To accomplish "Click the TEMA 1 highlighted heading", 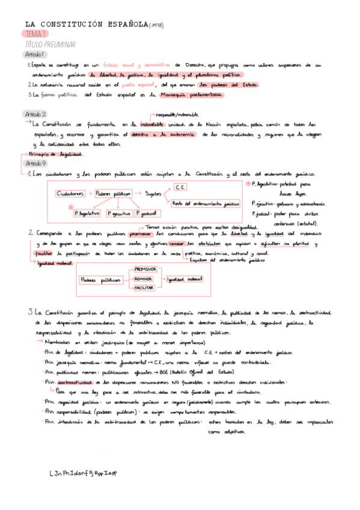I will pos(36,35).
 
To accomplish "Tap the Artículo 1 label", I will pos(35,55).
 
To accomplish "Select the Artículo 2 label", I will pos(37,114).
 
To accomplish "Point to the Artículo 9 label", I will pos(37,164).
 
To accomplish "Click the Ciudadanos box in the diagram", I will pos(70,194).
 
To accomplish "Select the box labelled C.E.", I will pos(181,187).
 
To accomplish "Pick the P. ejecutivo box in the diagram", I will pos(119,213).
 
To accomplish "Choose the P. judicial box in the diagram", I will pos(147,213).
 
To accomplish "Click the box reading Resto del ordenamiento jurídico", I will pos(206,204).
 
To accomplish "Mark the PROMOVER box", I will pos(144,269).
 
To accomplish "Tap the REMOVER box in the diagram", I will pos(144,278).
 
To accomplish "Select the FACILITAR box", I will pos(144,288).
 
